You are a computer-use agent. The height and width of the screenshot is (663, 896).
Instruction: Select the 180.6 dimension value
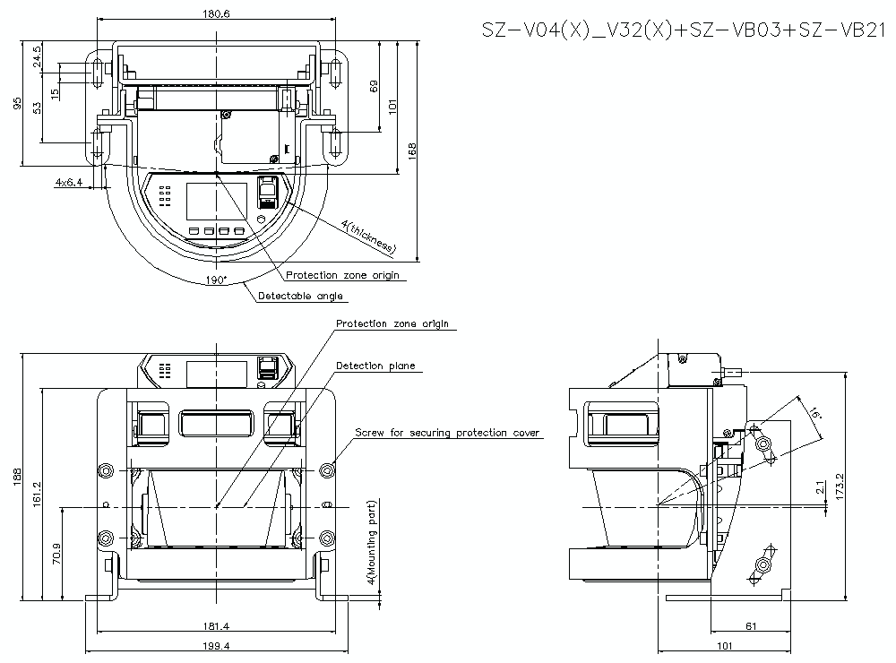tap(215, 13)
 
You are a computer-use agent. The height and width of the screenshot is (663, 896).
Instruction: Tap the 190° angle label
tap(216, 280)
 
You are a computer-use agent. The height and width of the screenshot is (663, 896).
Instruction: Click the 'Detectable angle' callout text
tap(300, 296)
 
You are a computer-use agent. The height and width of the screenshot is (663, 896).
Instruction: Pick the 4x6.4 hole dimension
tap(68, 182)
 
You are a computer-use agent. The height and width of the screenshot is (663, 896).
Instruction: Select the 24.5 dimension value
tap(37, 56)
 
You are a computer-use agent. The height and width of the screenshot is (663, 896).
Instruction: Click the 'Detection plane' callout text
tap(375, 366)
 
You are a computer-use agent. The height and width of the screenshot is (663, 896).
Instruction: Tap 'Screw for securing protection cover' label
tap(447, 433)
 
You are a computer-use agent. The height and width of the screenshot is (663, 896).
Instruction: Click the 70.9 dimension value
tap(57, 553)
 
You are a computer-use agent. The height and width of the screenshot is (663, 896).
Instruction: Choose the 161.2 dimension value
tap(37, 492)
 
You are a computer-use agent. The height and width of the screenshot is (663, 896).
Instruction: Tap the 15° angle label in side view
tap(813, 414)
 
